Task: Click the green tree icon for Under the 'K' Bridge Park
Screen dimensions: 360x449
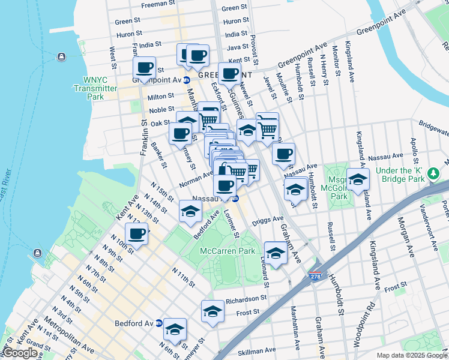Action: (x=433, y=174)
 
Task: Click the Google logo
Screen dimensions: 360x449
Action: (x=20, y=353)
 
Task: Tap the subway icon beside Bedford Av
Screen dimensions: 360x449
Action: (x=158, y=322)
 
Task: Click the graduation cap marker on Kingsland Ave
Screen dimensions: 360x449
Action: (x=358, y=180)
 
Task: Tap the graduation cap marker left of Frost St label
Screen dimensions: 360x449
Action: (x=212, y=311)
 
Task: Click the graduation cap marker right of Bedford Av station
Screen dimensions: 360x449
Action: (x=175, y=329)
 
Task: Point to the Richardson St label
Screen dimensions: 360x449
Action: (x=246, y=298)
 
